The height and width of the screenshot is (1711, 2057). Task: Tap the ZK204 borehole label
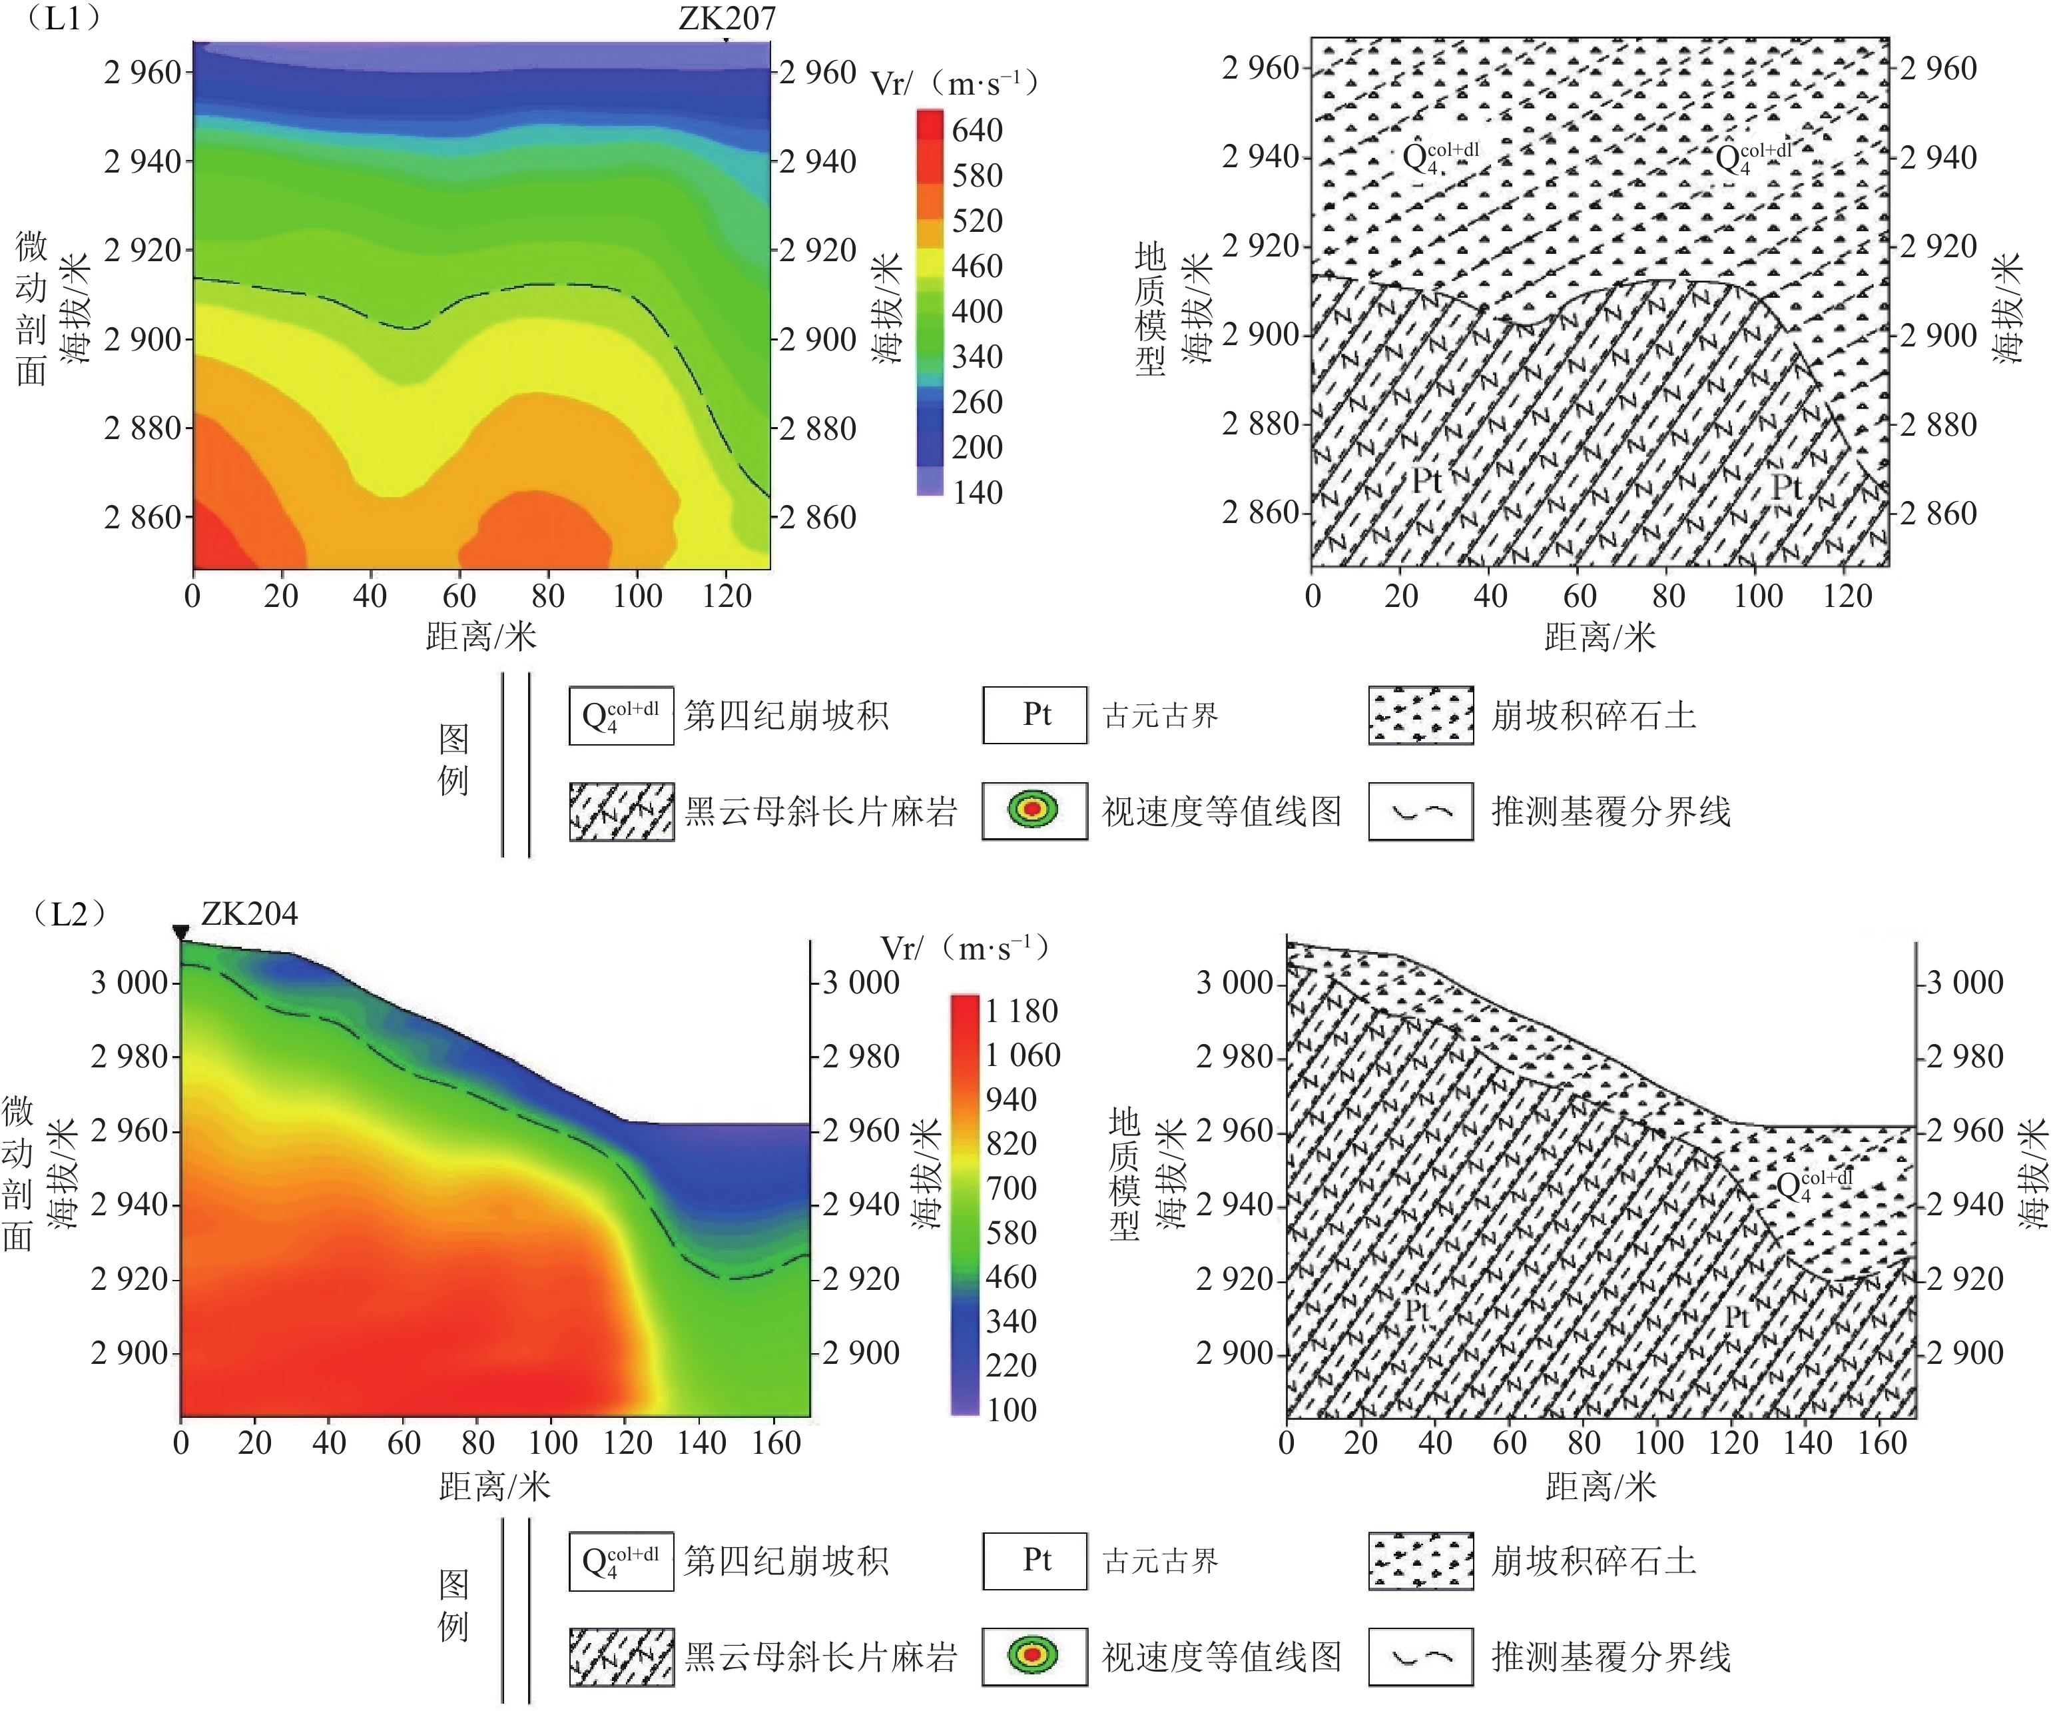[x=249, y=913]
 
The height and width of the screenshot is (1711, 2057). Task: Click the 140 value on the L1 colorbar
[x=977, y=492]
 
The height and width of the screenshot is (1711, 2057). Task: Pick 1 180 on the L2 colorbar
[x=1022, y=1010]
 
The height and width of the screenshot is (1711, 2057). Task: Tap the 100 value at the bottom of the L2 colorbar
[x=1011, y=1409]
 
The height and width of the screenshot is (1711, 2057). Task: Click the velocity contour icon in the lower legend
[x=1034, y=1657]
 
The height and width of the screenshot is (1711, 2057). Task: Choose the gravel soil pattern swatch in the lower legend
[x=1420, y=1561]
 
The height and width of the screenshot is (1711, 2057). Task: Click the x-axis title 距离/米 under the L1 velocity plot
[x=481, y=637]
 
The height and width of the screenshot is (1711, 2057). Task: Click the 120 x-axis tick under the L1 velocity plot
[x=726, y=596]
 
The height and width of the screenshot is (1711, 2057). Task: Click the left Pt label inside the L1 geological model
[x=1426, y=481]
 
